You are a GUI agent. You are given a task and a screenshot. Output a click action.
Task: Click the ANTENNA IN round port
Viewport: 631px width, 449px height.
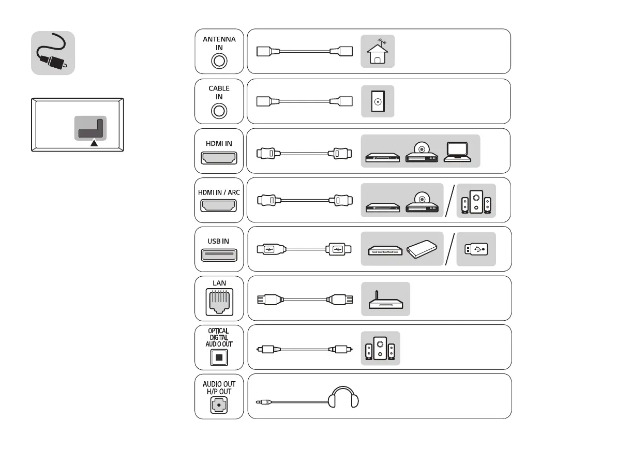[219, 61]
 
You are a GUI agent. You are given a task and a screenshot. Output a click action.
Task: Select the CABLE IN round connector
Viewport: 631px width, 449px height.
[219, 110]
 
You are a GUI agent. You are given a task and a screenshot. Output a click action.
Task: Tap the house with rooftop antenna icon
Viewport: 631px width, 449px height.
[378, 52]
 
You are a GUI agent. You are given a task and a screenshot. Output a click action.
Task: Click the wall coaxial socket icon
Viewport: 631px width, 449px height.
[378, 101]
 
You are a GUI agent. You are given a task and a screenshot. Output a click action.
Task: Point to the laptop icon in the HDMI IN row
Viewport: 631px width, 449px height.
[457, 152]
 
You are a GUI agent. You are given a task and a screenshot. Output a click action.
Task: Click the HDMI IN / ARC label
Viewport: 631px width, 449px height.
[219, 192]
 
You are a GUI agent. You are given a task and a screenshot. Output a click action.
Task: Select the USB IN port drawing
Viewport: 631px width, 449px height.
[219, 255]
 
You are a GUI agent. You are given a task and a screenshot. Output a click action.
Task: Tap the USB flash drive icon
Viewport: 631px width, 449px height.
[476, 249]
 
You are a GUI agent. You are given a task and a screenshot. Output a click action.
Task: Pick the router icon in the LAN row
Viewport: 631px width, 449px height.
[385, 300]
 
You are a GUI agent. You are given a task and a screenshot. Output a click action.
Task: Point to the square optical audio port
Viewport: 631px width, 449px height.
[219, 357]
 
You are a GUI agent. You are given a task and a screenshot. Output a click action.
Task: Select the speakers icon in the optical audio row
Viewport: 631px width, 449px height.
[380, 349]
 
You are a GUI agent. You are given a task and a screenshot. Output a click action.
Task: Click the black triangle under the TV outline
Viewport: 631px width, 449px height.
[94, 143]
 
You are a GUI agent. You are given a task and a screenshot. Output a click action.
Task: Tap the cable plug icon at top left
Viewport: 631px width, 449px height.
[53, 53]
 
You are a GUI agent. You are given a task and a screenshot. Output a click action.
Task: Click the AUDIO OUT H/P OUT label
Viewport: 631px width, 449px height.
[219, 388]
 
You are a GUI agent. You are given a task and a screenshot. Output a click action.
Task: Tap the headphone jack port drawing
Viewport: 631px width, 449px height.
[219, 407]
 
